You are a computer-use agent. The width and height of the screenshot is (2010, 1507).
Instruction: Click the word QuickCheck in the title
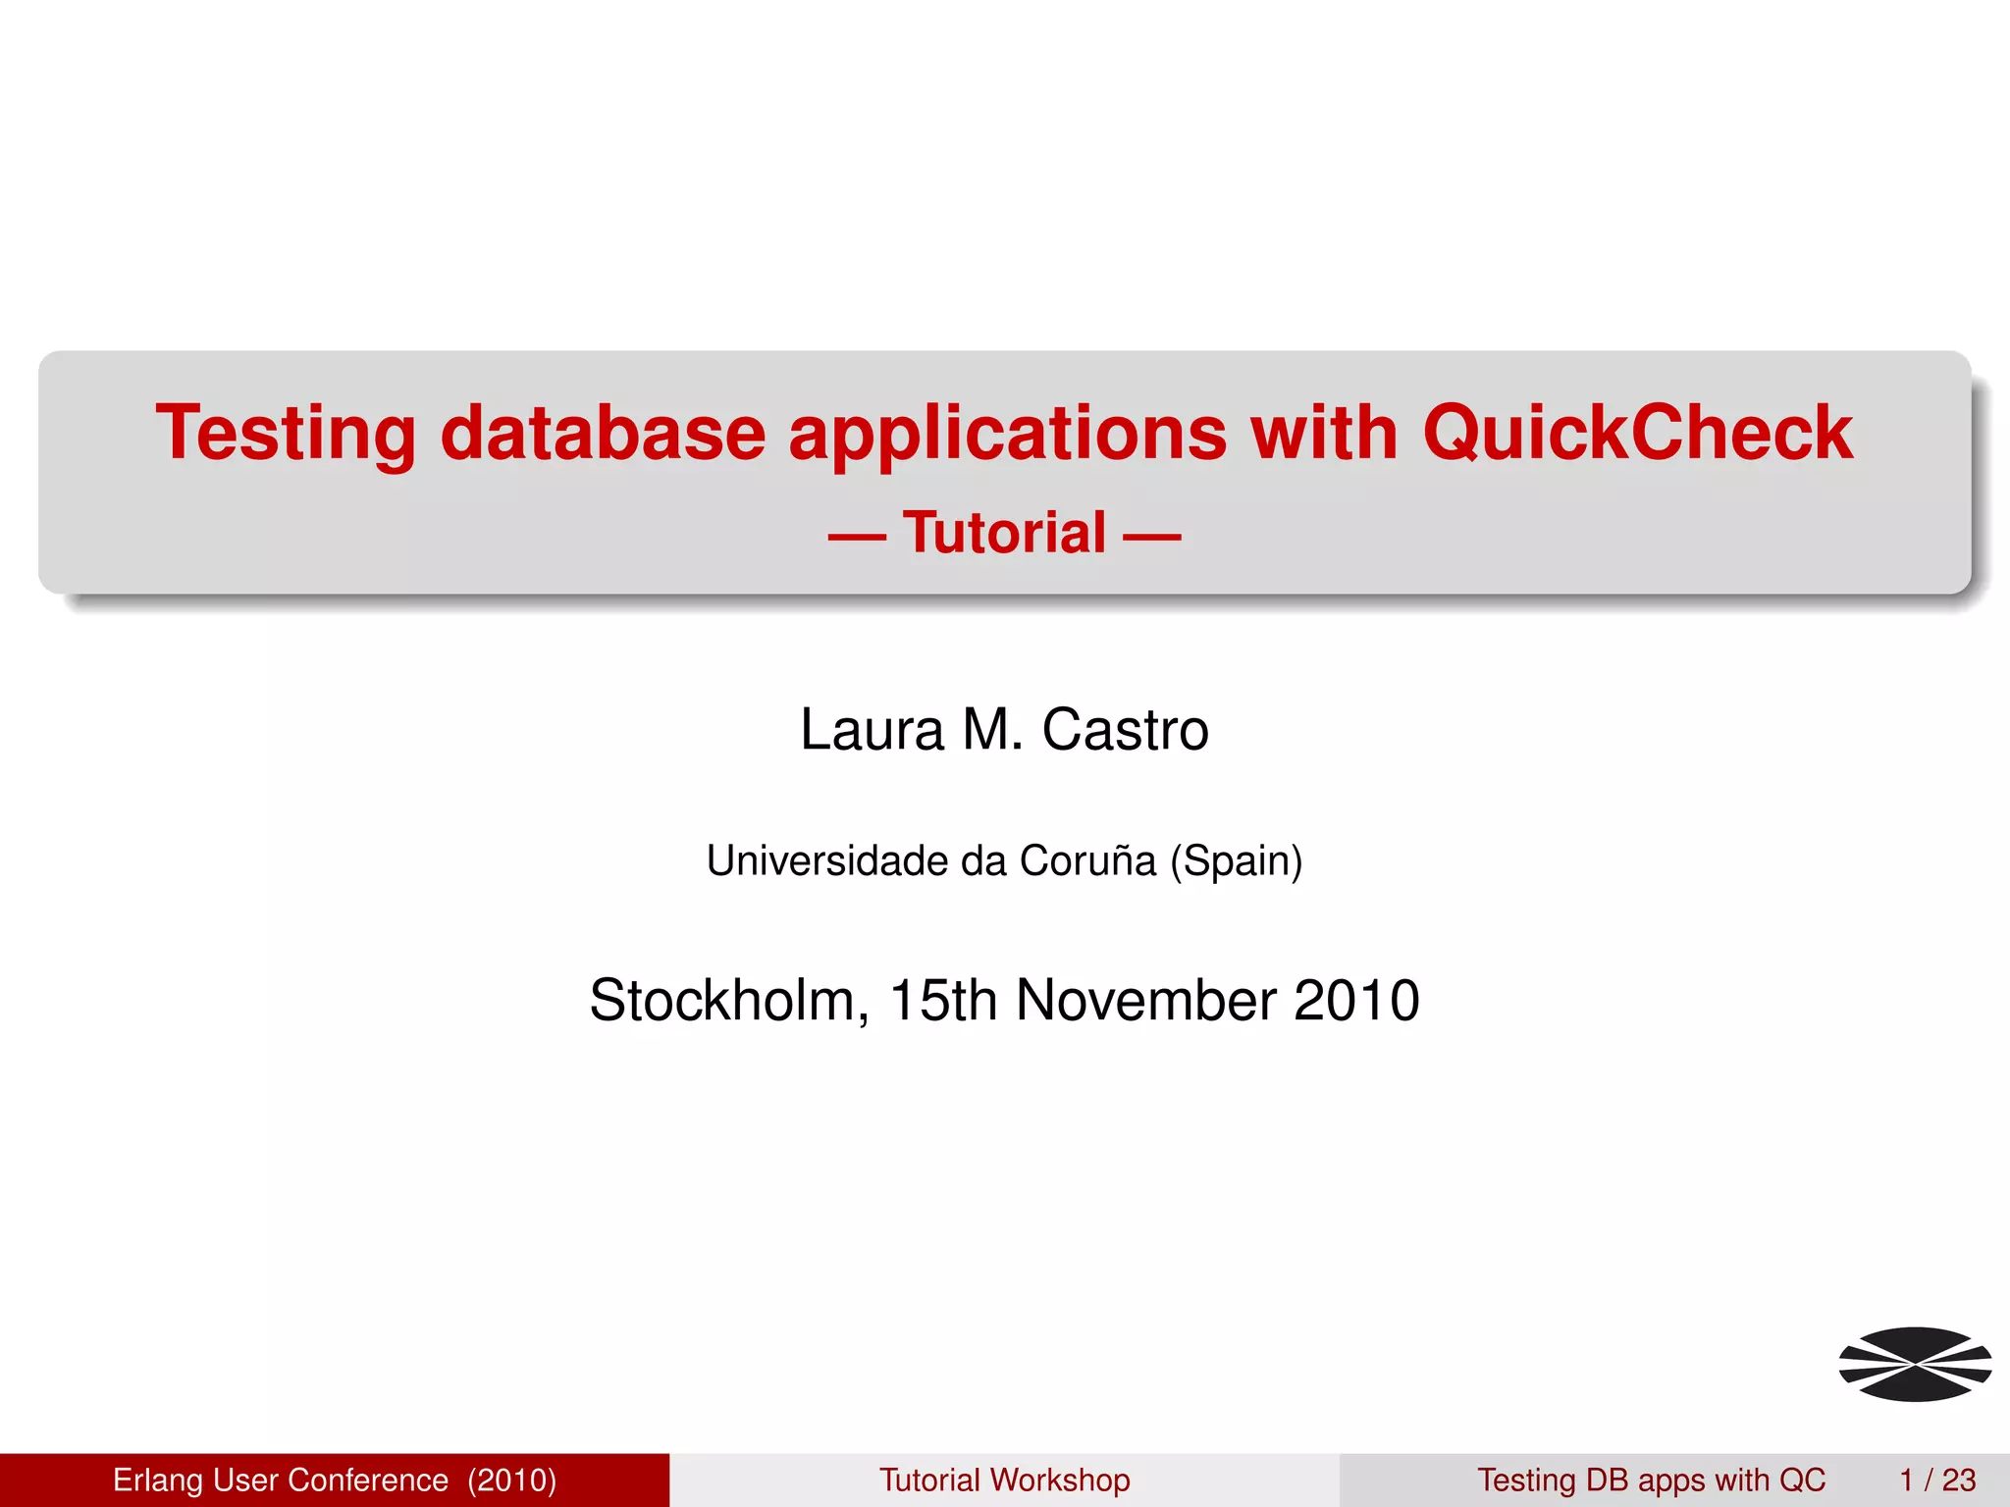[x=1637, y=433]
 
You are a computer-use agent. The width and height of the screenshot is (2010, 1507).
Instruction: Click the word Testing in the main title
[x=286, y=435]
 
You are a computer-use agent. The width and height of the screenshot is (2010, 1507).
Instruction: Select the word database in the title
[x=603, y=433]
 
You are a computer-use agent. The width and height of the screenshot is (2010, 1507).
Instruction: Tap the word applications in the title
[x=1008, y=435]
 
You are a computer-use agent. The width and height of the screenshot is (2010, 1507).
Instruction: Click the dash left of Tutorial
[x=857, y=538]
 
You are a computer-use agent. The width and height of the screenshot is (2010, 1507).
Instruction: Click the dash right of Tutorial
[x=1151, y=538]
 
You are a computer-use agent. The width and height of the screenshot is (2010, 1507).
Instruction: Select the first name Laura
[x=872, y=730]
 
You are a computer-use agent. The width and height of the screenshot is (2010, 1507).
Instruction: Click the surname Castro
[x=1125, y=730]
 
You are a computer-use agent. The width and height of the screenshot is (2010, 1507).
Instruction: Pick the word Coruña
[x=1087, y=860]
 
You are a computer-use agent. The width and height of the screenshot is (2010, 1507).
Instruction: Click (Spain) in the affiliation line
[x=1236, y=861]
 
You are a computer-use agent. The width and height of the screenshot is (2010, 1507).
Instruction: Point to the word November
[x=1144, y=1001]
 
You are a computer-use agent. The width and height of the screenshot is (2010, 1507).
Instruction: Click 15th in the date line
[x=942, y=1001]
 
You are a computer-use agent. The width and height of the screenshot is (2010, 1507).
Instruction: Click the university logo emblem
[x=1915, y=1364]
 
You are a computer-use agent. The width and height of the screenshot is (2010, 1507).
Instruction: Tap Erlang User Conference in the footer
[x=281, y=1480]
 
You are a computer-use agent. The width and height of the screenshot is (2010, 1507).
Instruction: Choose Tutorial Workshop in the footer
[x=1004, y=1480]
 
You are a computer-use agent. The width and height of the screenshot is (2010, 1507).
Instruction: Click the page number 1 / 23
[x=1937, y=1480]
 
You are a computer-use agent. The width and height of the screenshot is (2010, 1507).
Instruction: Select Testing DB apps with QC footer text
[x=1651, y=1480]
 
